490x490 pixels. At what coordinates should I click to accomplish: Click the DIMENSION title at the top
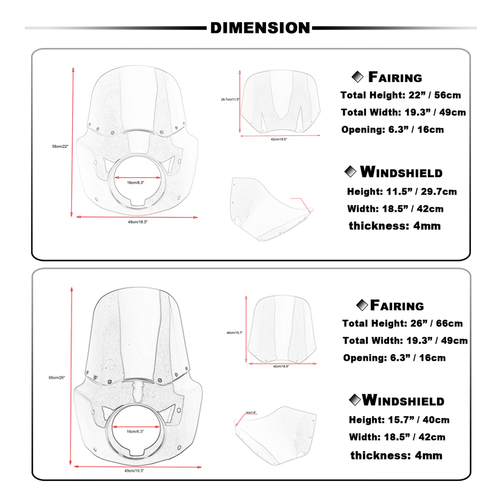tap(260, 28)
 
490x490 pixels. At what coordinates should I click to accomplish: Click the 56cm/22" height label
tap(60, 146)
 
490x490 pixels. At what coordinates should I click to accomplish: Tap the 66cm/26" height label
tap(57, 378)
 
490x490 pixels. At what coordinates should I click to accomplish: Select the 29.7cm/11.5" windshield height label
tap(230, 99)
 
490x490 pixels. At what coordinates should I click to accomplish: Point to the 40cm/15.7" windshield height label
tap(235, 332)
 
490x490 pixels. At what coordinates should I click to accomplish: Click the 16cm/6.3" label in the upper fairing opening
tap(135, 183)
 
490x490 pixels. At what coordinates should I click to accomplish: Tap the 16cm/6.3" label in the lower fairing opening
tap(135, 431)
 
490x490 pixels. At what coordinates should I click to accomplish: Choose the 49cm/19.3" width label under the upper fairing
tap(138, 222)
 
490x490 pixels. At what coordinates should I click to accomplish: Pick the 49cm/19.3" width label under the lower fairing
tap(134, 471)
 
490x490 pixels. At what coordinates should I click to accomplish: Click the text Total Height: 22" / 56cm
tap(400, 95)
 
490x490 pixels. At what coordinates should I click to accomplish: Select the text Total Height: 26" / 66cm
tap(403, 323)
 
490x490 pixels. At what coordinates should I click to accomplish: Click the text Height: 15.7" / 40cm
tap(399, 420)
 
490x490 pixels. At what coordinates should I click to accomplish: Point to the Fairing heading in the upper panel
tap(395, 77)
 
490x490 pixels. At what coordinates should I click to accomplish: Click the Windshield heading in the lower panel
tap(403, 401)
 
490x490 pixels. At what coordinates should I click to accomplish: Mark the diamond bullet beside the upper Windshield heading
tap(350, 172)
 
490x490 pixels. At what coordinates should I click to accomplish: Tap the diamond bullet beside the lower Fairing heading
tap(362, 305)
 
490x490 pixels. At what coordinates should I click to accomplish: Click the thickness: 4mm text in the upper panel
tap(395, 226)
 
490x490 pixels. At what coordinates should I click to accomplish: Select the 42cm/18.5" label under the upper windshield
tap(279, 139)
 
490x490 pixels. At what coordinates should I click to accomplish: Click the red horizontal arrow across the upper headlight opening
tap(138, 177)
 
